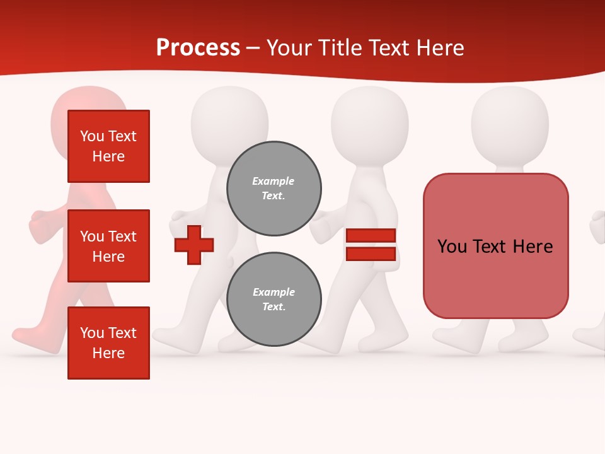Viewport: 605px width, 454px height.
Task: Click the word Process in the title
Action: pos(198,48)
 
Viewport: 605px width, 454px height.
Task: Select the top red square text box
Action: pos(108,146)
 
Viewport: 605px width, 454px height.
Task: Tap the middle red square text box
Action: pos(108,246)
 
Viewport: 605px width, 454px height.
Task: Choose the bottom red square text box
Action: pos(108,343)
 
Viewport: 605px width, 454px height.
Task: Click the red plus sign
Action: pos(194,245)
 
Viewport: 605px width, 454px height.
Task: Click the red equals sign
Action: pos(371,245)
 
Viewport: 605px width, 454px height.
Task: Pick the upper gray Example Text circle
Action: pos(274,188)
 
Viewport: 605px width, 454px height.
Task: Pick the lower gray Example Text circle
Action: pos(274,299)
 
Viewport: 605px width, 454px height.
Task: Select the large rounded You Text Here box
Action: pos(495,246)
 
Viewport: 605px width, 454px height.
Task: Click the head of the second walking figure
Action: pos(229,120)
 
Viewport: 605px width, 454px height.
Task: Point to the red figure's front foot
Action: pos(32,335)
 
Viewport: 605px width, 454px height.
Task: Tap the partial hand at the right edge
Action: pos(597,227)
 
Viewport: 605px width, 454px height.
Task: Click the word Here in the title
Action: pos(439,48)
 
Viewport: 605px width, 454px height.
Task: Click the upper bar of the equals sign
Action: pos(371,236)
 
